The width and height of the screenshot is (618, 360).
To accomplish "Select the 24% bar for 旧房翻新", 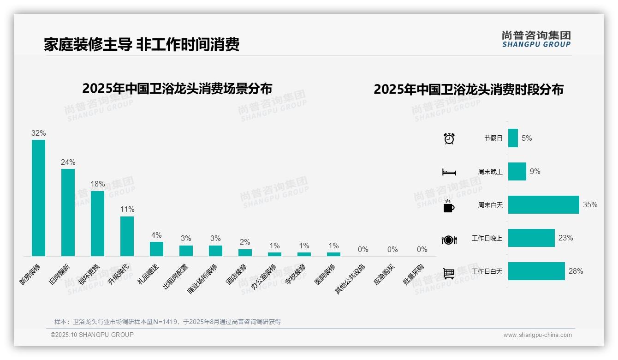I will [x=68, y=212].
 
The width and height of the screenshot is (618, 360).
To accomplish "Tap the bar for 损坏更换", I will [x=97, y=223].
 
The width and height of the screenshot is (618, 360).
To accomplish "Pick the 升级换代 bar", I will [x=127, y=236].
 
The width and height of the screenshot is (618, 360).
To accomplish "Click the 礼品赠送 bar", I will [x=156, y=249].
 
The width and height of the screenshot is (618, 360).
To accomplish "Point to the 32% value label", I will [x=38, y=133].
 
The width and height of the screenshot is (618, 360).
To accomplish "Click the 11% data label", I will [x=127, y=210].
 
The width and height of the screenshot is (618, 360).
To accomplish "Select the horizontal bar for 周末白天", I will [x=543, y=205].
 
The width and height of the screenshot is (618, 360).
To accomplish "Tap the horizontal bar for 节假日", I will [x=513, y=138].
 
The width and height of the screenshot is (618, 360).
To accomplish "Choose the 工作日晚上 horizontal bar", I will [x=531, y=238].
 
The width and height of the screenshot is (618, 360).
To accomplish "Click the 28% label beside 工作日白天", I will [x=576, y=271].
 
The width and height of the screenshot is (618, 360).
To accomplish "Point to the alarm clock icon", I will [x=449, y=138].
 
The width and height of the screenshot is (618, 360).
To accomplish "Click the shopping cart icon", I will [x=449, y=273].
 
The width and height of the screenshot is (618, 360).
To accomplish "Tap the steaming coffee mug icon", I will [x=449, y=206].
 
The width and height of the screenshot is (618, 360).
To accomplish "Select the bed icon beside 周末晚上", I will [x=449, y=172].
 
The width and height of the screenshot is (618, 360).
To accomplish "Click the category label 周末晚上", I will [x=490, y=172].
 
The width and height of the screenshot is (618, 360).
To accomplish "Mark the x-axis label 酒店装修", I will [x=237, y=274].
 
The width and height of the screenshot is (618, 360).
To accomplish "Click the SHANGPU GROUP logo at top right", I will [x=536, y=39].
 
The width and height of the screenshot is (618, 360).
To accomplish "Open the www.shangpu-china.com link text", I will [x=537, y=335].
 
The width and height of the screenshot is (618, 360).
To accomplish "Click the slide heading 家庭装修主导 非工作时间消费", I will [x=142, y=45].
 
